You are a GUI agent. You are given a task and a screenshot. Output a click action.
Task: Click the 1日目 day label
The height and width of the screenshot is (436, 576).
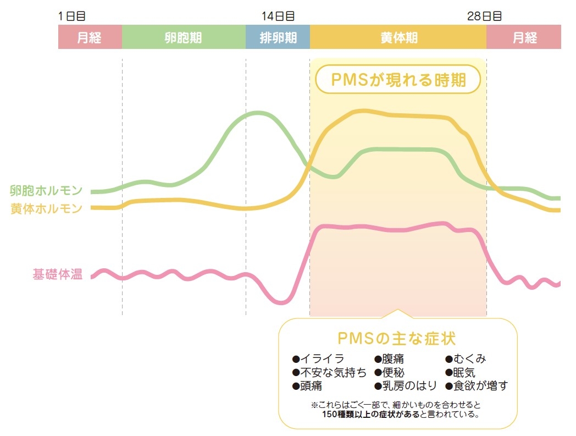pyautogui.click(x=71, y=16)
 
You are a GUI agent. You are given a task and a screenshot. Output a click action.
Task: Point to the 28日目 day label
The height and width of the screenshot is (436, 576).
pyautogui.click(x=484, y=16)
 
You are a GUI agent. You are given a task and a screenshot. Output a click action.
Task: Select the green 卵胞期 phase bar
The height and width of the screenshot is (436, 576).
pyautogui.click(x=183, y=37)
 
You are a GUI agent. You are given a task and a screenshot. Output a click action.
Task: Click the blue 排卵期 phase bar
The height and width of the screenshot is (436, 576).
pyautogui.click(x=278, y=37)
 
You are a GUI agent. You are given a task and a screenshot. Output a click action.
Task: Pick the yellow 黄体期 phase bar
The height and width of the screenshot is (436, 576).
pyautogui.click(x=398, y=37)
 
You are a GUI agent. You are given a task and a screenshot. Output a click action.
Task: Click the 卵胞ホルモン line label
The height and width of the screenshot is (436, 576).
pyautogui.click(x=46, y=191)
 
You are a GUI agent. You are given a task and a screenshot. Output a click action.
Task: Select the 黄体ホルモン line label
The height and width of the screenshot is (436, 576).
pyautogui.click(x=46, y=208)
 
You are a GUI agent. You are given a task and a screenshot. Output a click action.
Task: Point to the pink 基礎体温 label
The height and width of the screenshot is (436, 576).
pyautogui.click(x=57, y=275)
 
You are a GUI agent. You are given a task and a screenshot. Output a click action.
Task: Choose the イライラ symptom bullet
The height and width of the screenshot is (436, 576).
pyautogui.click(x=319, y=360)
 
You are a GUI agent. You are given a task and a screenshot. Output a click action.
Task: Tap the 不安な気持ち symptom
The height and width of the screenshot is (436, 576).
pyautogui.click(x=330, y=373)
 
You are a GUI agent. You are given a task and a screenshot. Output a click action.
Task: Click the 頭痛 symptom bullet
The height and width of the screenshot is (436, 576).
pyautogui.click(x=307, y=386)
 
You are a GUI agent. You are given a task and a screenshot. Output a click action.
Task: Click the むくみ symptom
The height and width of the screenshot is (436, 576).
pyautogui.click(x=466, y=360)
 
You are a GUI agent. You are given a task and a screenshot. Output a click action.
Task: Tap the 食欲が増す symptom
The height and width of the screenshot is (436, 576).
pyautogui.click(x=477, y=386)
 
